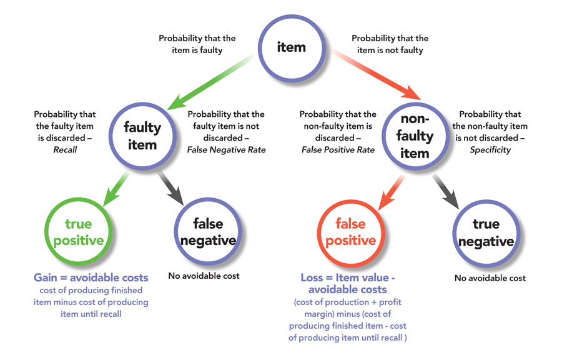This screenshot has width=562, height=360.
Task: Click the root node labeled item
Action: tap(291, 47)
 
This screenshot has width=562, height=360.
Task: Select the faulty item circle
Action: tap(142, 134)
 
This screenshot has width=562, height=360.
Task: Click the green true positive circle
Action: tap(78, 232)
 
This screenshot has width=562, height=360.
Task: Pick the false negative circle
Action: tap(206, 232)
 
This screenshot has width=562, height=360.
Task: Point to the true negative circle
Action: tap(486, 232)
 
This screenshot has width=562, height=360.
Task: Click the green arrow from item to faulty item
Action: tap(212, 82)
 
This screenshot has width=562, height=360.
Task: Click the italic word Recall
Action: tap(64, 149)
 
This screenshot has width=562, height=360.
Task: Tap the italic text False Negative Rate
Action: tap(226, 149)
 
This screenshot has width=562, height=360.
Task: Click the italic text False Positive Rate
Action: tap(338, 149)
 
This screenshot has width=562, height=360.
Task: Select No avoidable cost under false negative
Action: tap(204, 275)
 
